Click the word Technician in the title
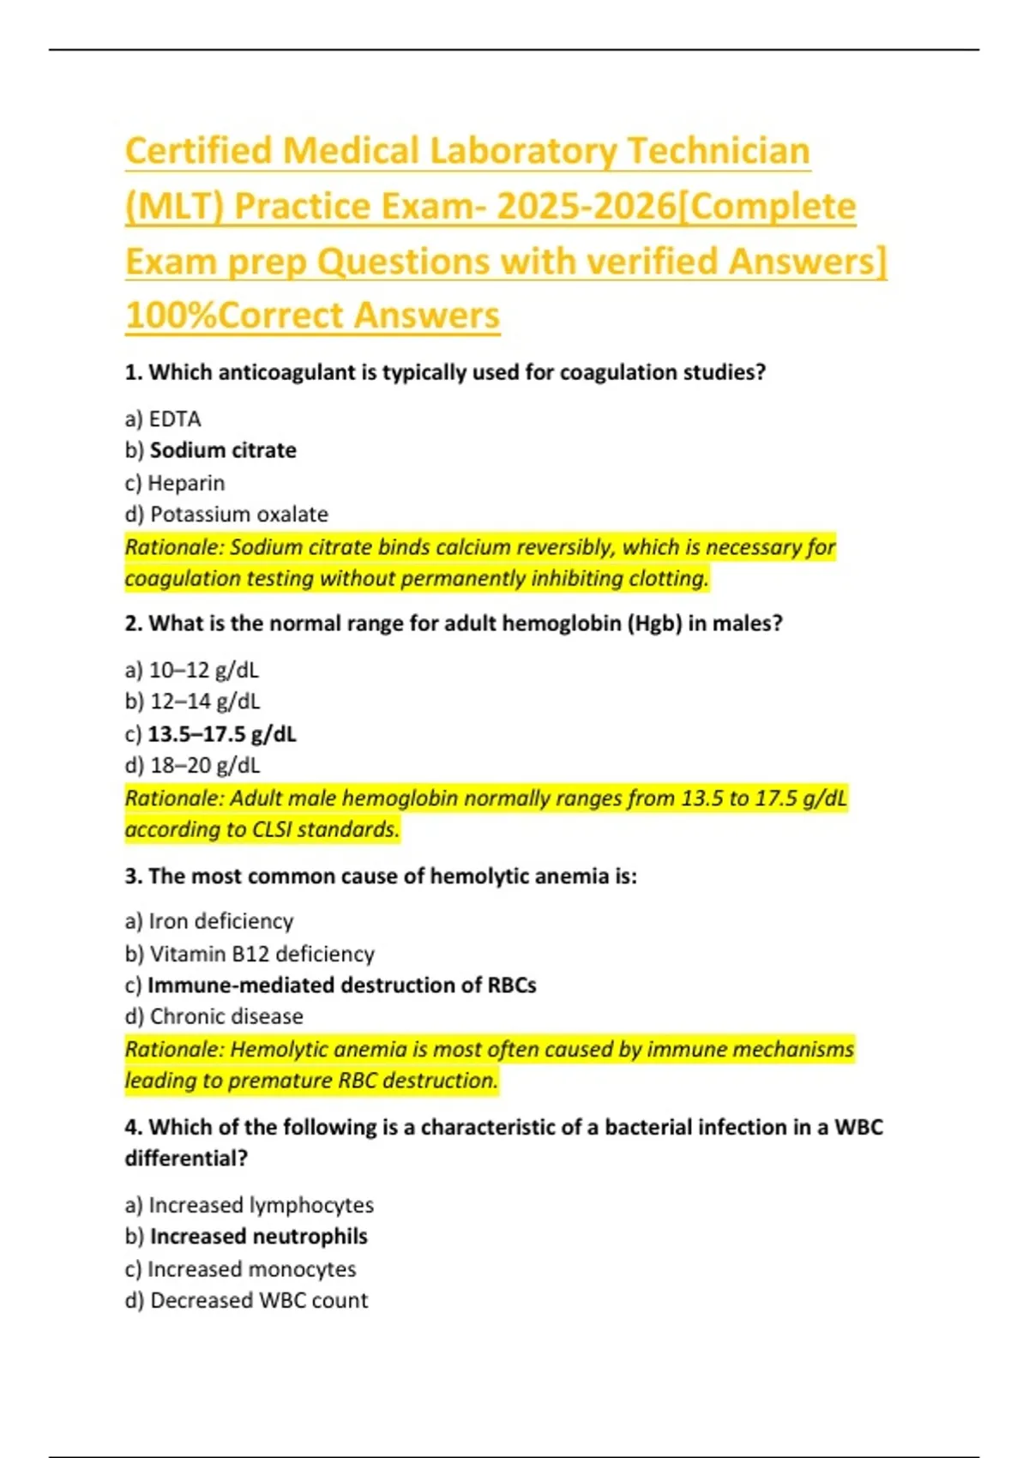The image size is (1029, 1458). (x=718, y=152)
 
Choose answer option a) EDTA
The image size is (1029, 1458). (x=163, y=419)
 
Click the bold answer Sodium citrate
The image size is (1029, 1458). (x=223, y=450)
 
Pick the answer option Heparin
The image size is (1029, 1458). (x=186, y=483)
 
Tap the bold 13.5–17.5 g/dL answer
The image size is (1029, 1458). (x=222, y=734)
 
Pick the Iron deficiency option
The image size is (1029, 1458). (x=220, y=921)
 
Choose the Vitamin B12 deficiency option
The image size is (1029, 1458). (x=262, y=954)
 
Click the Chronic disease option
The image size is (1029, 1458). (x=226, y=1016)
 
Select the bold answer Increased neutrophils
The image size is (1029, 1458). (x=258, y=1237)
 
